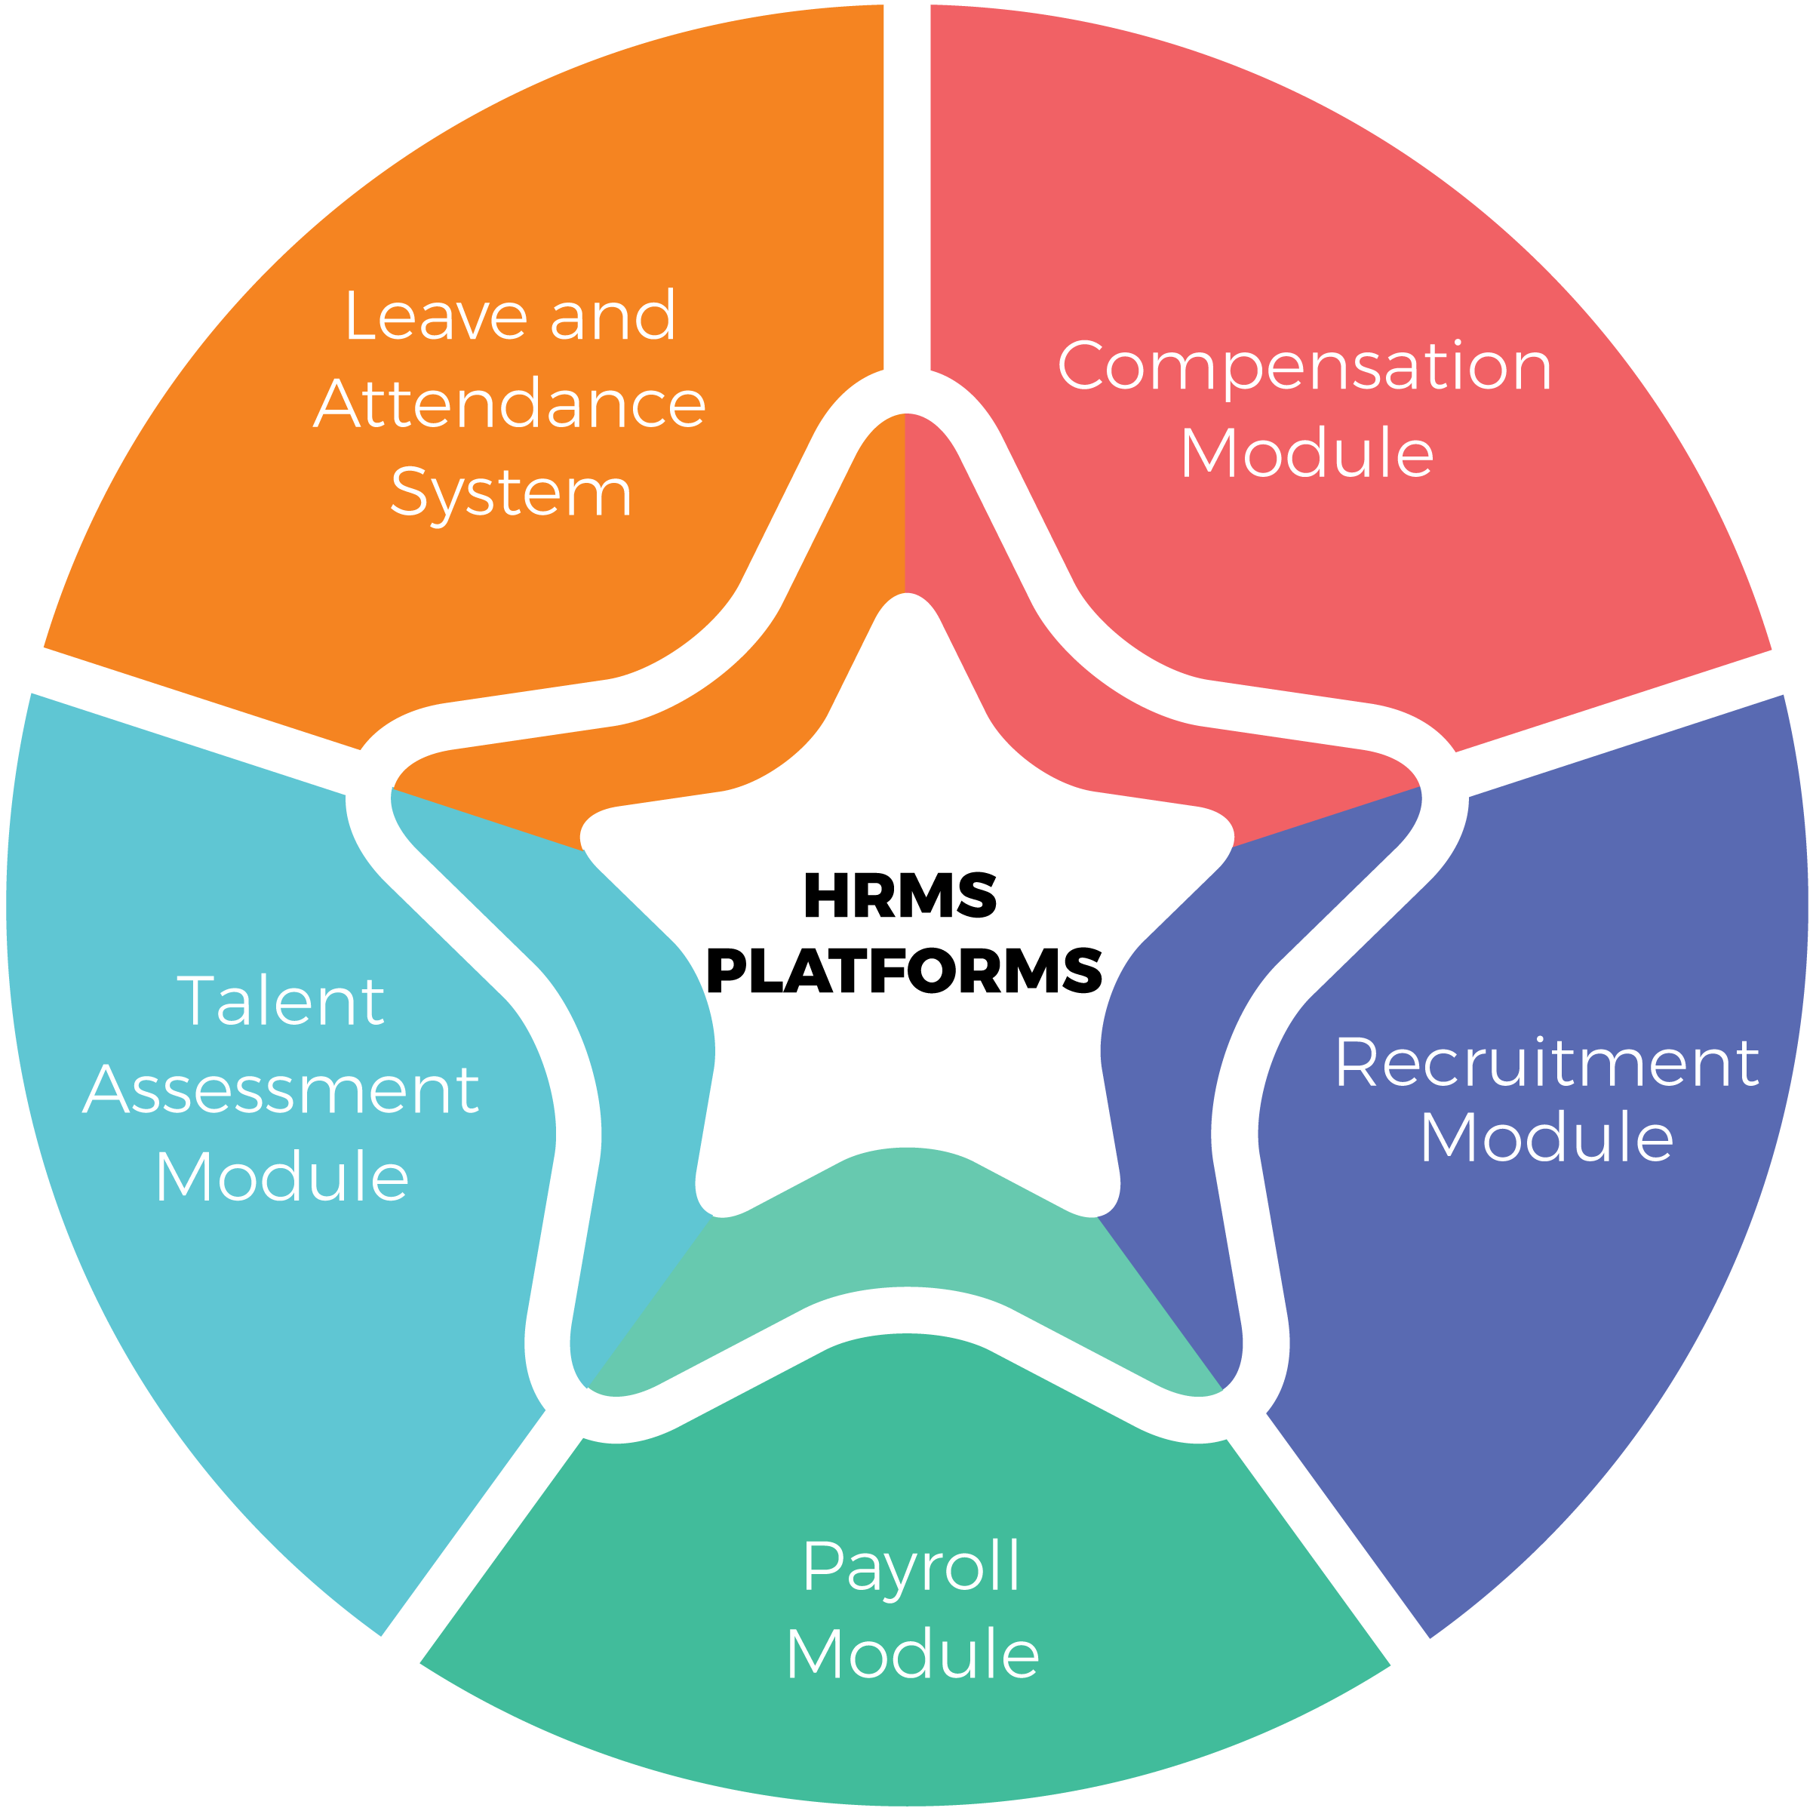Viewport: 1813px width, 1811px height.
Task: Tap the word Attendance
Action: [509, 404]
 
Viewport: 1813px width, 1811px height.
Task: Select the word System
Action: [512, 493]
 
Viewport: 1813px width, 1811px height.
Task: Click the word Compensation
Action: [1304, 366]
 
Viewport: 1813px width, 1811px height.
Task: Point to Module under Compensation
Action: [1306, 454]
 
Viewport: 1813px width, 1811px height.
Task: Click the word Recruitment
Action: [1546, 1063]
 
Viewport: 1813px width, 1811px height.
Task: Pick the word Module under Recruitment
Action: [1547, 1138]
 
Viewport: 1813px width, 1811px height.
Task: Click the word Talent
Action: [281, 1001]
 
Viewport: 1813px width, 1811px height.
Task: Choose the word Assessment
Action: [281, 1090]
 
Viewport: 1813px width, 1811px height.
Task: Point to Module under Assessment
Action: [281, 1178]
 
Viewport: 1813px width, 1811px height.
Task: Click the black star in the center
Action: [907, 939]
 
